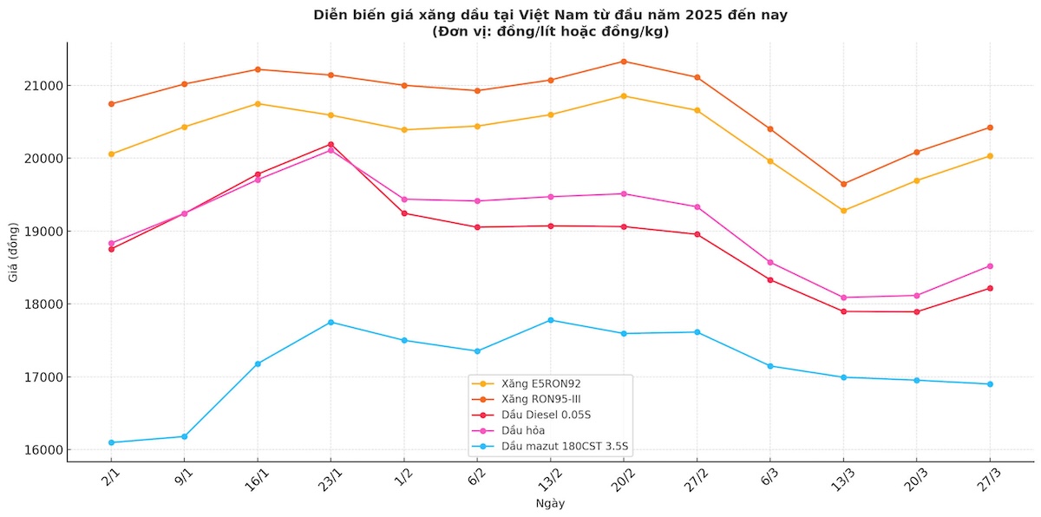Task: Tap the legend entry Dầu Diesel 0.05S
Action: point(540,415)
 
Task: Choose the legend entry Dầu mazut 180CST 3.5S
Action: point(552,446)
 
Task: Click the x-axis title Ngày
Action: point(550,503)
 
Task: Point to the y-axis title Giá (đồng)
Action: point(13,252)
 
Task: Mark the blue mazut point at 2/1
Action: point(111,442)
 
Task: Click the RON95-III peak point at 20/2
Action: point(624,62)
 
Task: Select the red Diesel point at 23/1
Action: point(331,144)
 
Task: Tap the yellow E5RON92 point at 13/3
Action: point(843,210)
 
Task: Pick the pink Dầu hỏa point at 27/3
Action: point(990,266)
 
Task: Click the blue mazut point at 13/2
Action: point(551,320)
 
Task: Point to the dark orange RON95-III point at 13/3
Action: point(843,184)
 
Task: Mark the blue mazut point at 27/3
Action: point(990,384)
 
